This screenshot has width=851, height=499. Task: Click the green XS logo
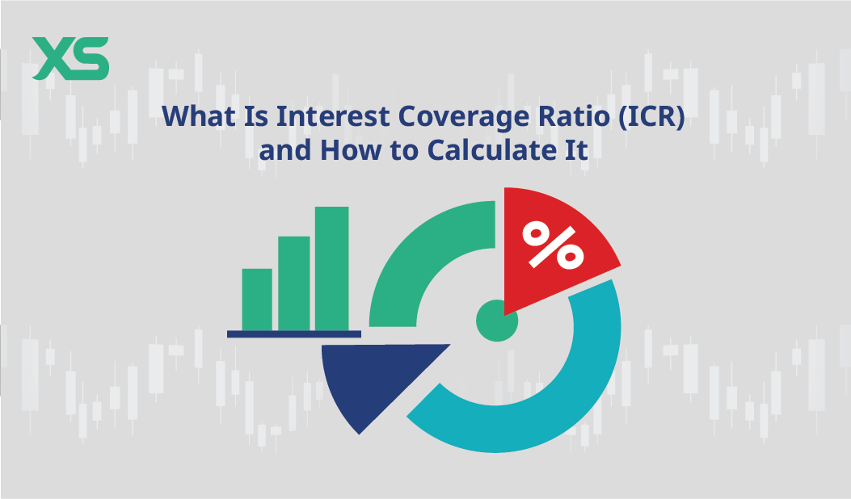tap(70, 59)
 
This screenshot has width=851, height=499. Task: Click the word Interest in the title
tap(332, 117)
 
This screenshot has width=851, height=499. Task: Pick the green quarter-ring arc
tap(420, 258)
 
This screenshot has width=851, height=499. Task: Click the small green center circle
tap(496, 321)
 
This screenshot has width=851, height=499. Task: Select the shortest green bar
tap(257, 299)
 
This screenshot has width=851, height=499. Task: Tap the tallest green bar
tap(331, 268)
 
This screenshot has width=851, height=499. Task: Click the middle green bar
tap(294, 283)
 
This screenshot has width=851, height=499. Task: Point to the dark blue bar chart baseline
tap(294, 333)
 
